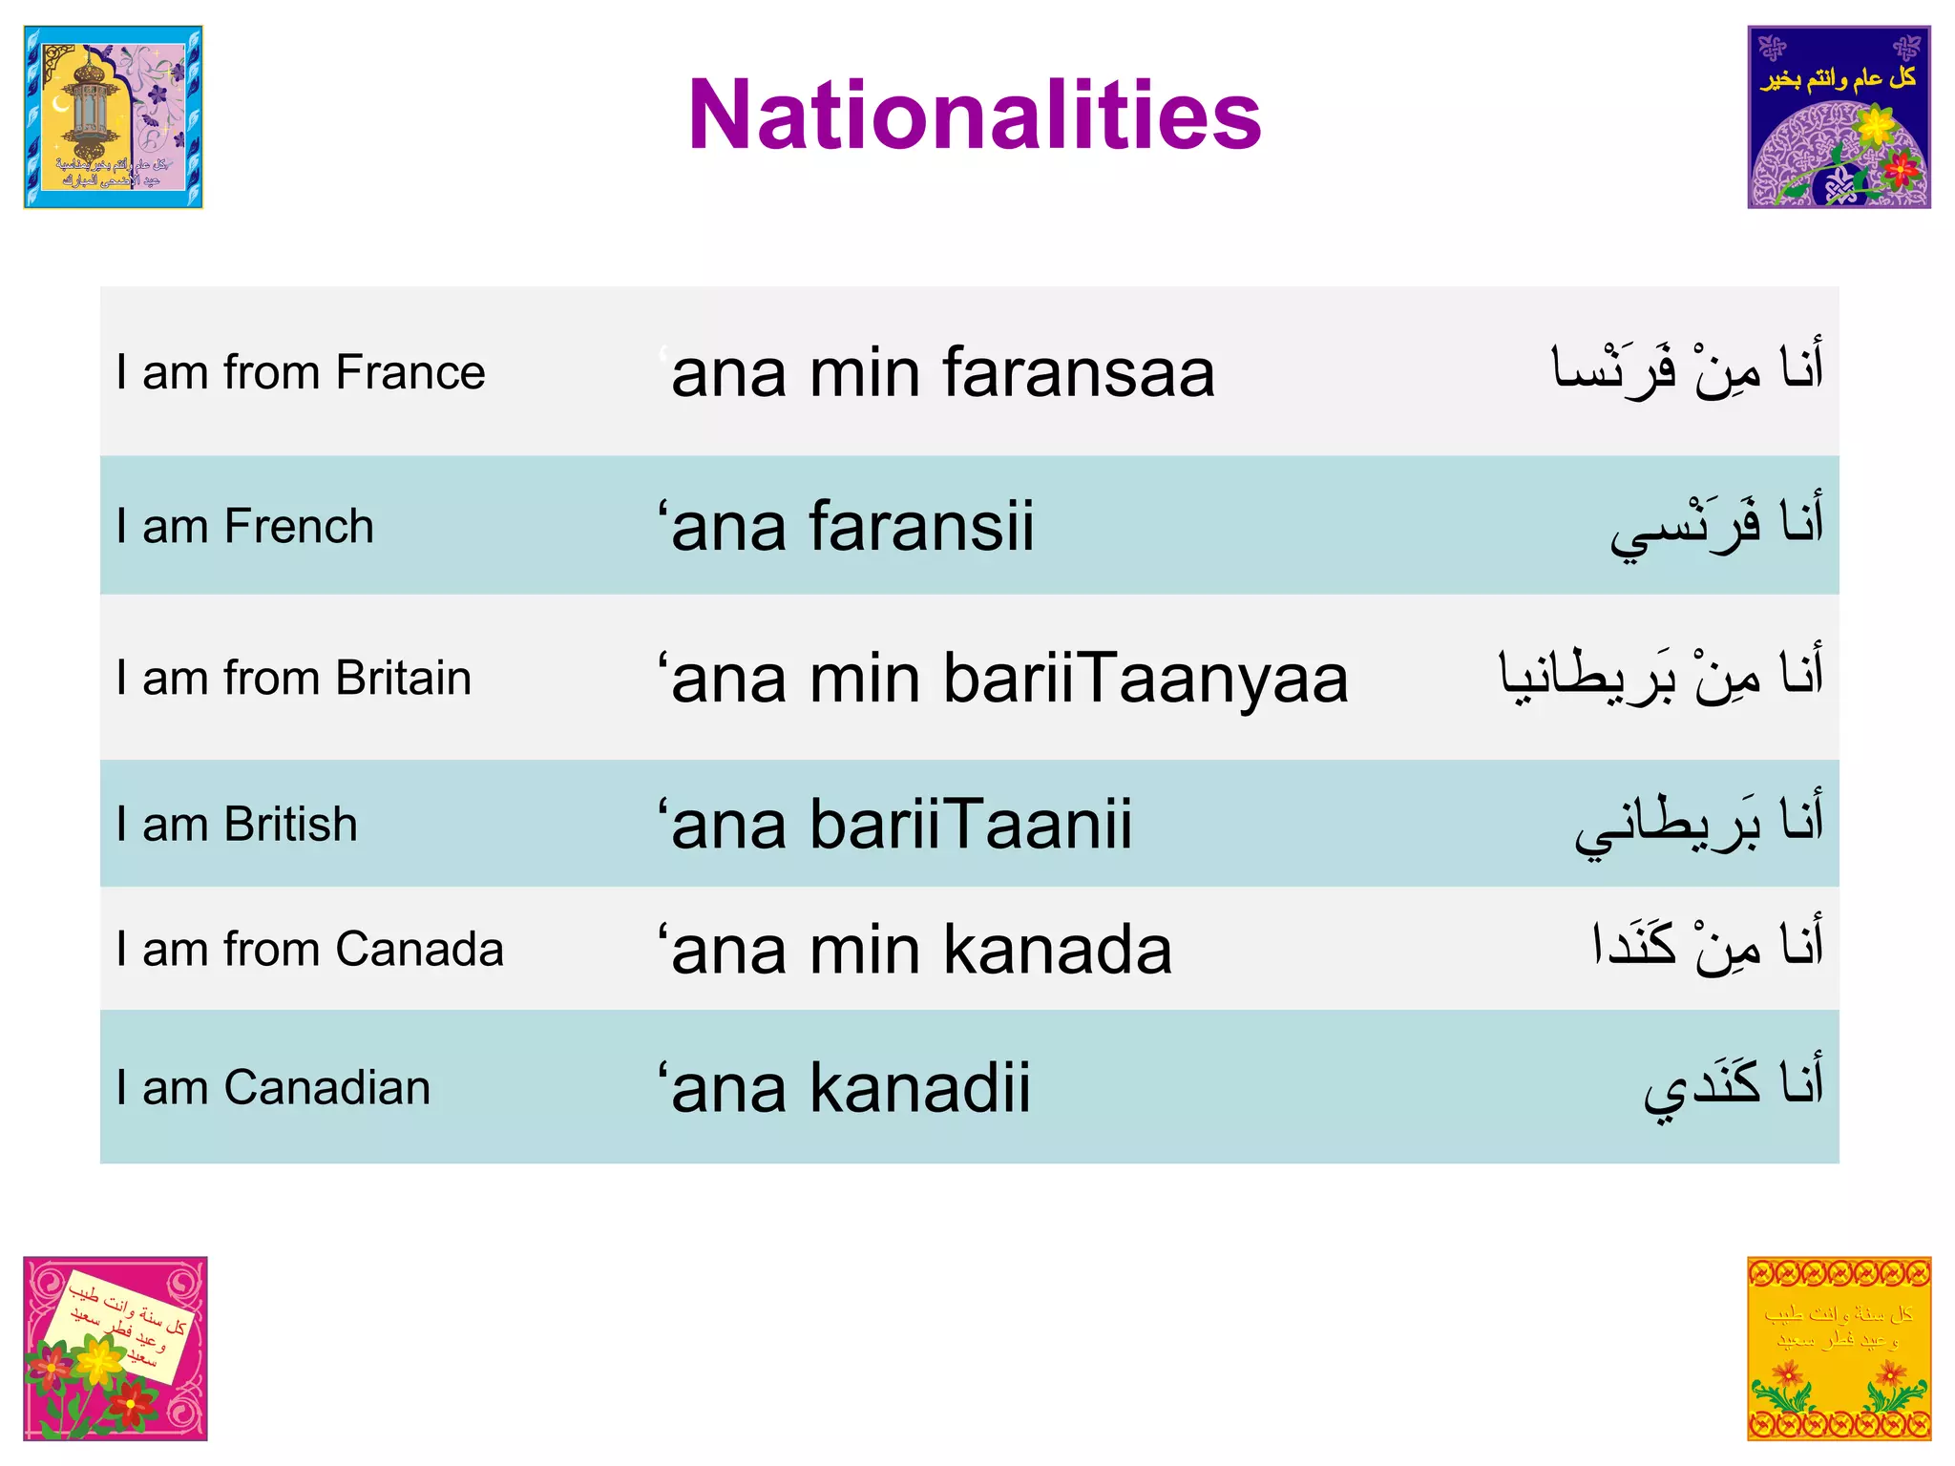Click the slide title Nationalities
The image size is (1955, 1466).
click(975, 115)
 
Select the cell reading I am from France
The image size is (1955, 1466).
click(300, 372)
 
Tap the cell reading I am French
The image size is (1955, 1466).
click(244, 527)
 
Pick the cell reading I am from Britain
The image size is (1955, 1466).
click(293, 679)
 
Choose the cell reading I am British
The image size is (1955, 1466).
click(236, 825)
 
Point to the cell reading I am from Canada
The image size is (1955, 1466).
click(309, 950)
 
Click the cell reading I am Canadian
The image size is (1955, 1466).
click(273, 1088)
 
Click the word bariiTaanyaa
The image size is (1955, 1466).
click(1146, 679)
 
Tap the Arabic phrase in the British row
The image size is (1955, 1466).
click(1699, 823)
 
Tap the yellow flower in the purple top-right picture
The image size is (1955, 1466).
click(1876, 125)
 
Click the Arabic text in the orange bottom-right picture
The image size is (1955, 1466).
click(1838, 1326)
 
